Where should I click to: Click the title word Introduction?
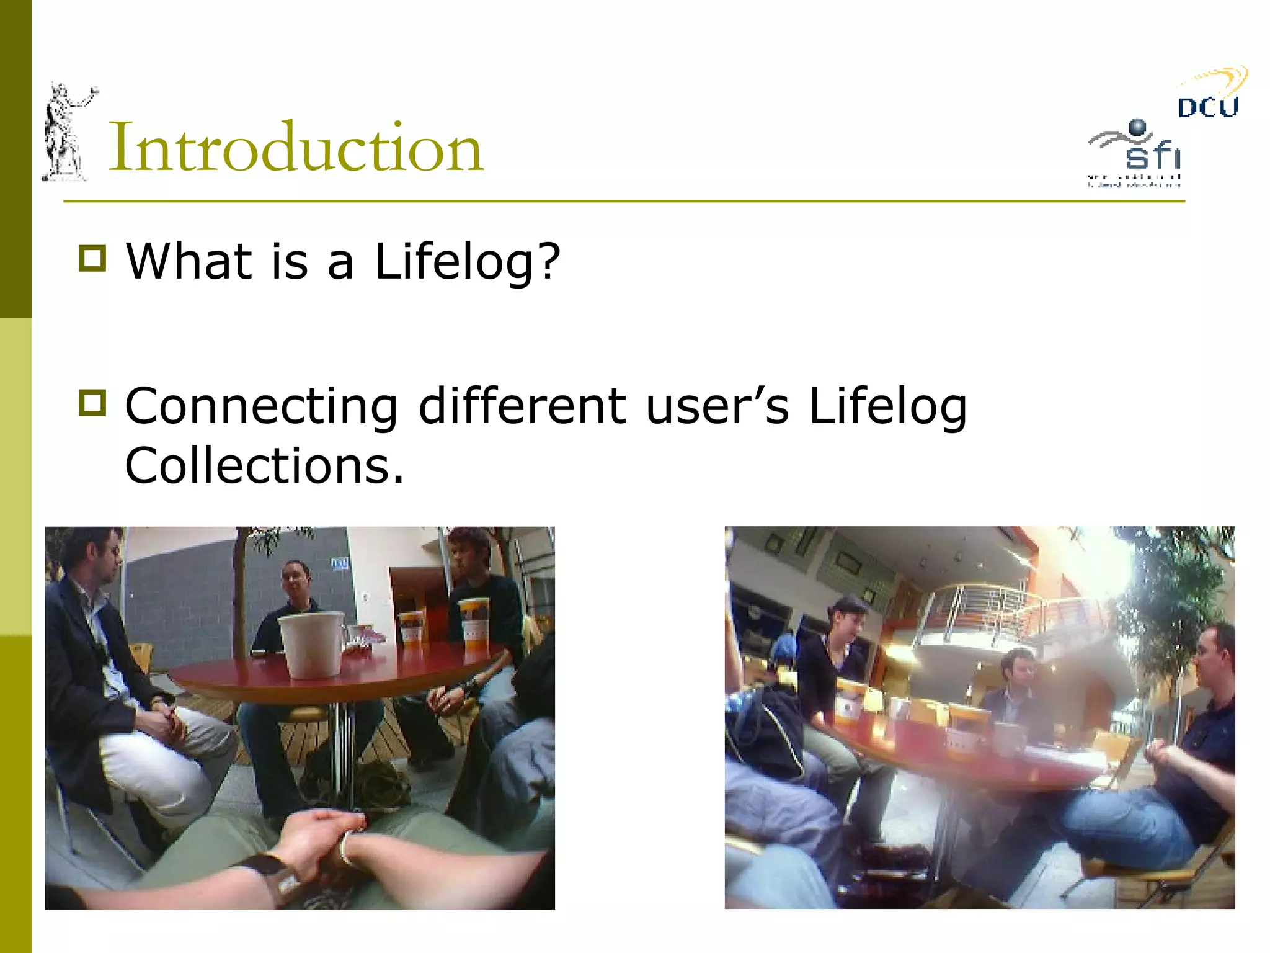pos(296,147)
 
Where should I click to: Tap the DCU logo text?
pos(1207,107)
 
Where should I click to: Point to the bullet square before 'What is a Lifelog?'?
pos(93,258)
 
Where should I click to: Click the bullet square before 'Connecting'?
pos(93,403)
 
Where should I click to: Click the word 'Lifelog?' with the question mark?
pos(468,262)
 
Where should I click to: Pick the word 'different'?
pos(522,406)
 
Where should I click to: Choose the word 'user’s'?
pos(717,406)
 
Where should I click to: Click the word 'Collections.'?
pos(264,465)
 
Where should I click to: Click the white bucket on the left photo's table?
pos(311,643)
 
